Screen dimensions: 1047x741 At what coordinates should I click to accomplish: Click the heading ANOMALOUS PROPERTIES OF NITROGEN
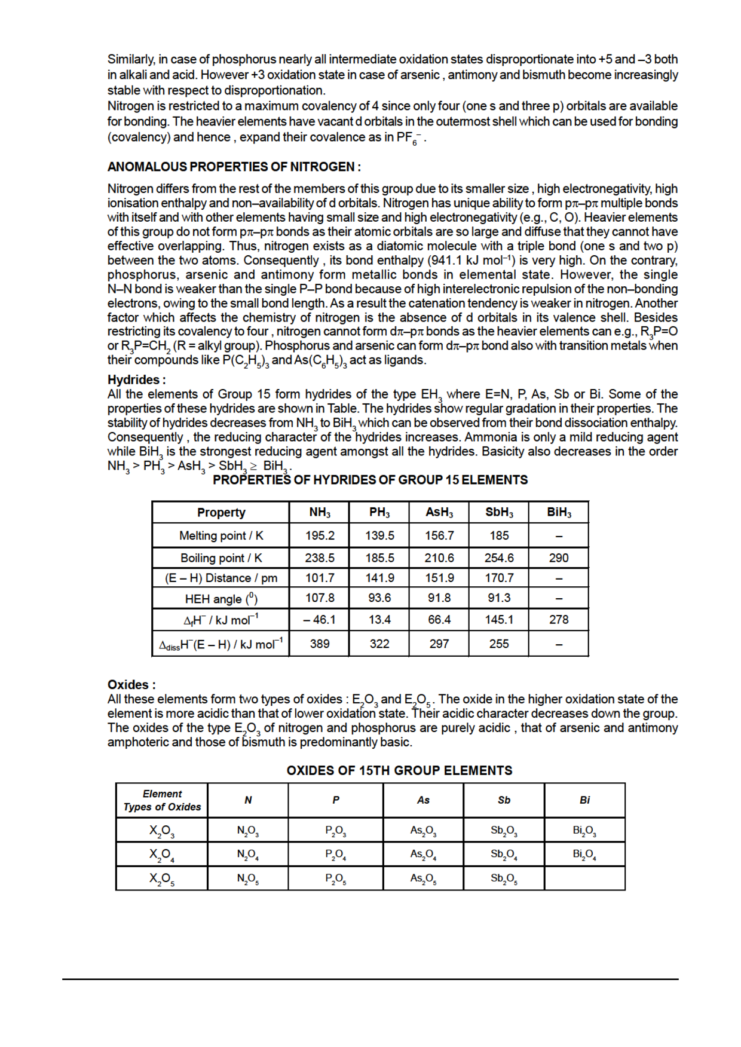pos(234,167)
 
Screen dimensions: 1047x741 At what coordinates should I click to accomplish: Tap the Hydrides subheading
pos(136,379)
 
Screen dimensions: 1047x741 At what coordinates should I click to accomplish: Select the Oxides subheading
pos(131,684)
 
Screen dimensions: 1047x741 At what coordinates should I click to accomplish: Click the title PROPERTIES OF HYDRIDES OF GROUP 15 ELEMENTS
pos(370,480)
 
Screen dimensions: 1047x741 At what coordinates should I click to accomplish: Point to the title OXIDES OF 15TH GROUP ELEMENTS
pos(399,770)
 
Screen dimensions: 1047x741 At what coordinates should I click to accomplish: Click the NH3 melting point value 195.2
pos(320,535)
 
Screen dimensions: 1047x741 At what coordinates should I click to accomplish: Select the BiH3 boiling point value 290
pos(559,558)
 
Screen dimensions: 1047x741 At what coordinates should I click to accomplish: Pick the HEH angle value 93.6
pos(379,598)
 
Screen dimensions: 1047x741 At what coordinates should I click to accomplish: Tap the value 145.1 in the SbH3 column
pos(499,620)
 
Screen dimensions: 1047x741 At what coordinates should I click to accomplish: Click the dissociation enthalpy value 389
pos(320,644)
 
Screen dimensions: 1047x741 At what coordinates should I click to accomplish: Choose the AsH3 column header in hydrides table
pos(439,512)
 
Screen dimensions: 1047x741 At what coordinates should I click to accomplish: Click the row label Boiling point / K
pos(221,558)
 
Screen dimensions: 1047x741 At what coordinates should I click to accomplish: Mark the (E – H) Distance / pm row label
pos(221,578)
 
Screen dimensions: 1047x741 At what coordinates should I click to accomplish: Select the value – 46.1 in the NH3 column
pos(320,620)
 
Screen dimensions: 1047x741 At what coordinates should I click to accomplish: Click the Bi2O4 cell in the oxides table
pos(584,854)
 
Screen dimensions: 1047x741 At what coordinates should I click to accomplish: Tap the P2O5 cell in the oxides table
pos(336,878)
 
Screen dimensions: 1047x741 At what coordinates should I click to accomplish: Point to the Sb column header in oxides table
pos(504,800)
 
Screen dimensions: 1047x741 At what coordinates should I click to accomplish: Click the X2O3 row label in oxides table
pos(162,830)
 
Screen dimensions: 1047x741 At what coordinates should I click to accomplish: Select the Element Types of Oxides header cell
pos(162,800)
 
